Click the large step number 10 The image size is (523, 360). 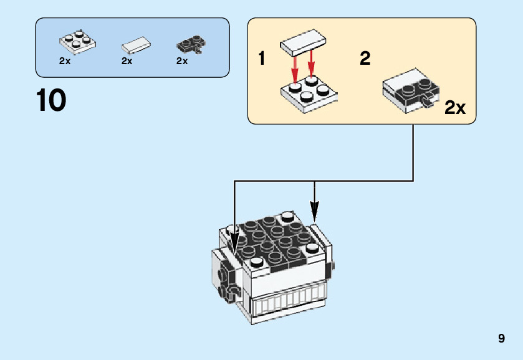51,100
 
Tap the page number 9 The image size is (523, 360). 501,338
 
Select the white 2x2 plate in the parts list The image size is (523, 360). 77,42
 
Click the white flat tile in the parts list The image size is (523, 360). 136,45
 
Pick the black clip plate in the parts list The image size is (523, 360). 191,44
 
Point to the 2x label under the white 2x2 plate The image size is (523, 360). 65,61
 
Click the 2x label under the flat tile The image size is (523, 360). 127,61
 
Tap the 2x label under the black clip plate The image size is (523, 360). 182,61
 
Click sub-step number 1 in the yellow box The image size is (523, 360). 262,58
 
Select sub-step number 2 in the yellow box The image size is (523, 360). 365,58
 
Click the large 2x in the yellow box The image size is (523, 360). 454,108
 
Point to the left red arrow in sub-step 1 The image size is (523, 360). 294,69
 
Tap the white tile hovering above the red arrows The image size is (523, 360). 303,43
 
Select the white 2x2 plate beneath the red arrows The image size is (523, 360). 309,95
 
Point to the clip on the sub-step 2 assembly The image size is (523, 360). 426,100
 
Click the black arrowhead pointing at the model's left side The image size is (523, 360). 234,243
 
